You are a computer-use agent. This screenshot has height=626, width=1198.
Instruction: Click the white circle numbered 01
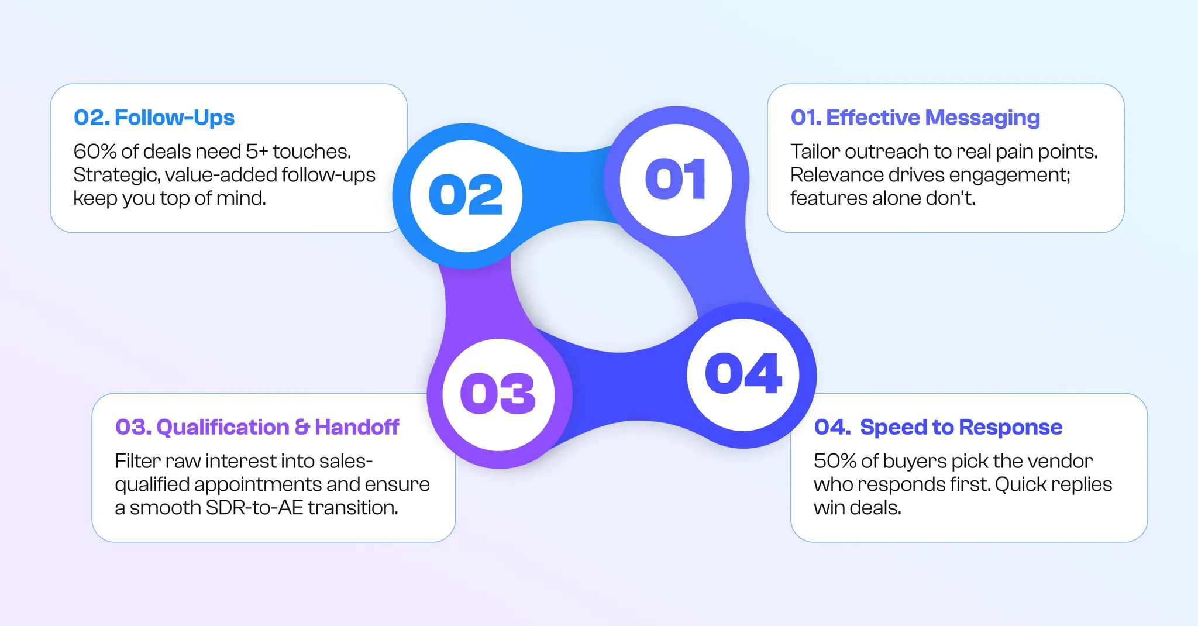676,180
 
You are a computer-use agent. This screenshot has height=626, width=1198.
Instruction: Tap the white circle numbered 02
466,195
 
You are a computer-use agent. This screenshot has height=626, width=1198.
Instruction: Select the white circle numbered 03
498,394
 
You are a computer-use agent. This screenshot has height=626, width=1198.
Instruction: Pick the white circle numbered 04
743,374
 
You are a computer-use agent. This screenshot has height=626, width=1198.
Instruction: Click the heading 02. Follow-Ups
154,118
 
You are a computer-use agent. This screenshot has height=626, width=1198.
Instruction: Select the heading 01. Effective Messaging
915,118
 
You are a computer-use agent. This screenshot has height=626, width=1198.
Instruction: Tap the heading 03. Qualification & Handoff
257,427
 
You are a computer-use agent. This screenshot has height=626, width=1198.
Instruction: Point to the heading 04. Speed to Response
938,427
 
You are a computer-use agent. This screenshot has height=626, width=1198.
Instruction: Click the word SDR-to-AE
254,508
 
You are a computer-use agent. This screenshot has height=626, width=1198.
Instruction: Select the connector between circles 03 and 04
623,386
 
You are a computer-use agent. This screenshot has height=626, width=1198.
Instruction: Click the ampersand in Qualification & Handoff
302,427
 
